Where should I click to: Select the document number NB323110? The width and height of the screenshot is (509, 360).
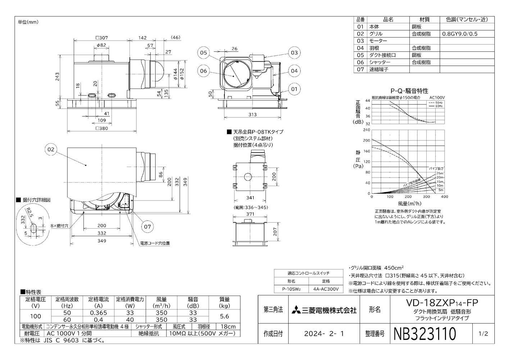click(x=425, y=334)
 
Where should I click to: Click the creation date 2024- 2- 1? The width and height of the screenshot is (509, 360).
click(x=324, y=334)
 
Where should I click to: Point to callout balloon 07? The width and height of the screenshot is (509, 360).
click(x=147, y=226)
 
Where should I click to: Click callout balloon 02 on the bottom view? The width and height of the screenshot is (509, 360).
click(x=51, y=149)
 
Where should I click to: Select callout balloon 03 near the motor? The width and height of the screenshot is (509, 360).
click(x=294, y=53)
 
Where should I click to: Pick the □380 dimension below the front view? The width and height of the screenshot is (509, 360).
click(x=101, y=128)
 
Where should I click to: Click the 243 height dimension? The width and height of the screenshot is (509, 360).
click(x=58, y=77)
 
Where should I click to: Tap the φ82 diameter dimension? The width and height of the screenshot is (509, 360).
click(x=101, y=45)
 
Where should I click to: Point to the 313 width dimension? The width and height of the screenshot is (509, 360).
click(x=252, y=114)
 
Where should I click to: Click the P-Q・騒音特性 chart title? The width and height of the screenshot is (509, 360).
click(x=409, y=91)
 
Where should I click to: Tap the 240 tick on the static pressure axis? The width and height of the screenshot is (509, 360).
click(x=367, y=130)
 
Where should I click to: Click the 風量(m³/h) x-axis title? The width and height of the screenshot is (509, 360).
click(x=408, y=203)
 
